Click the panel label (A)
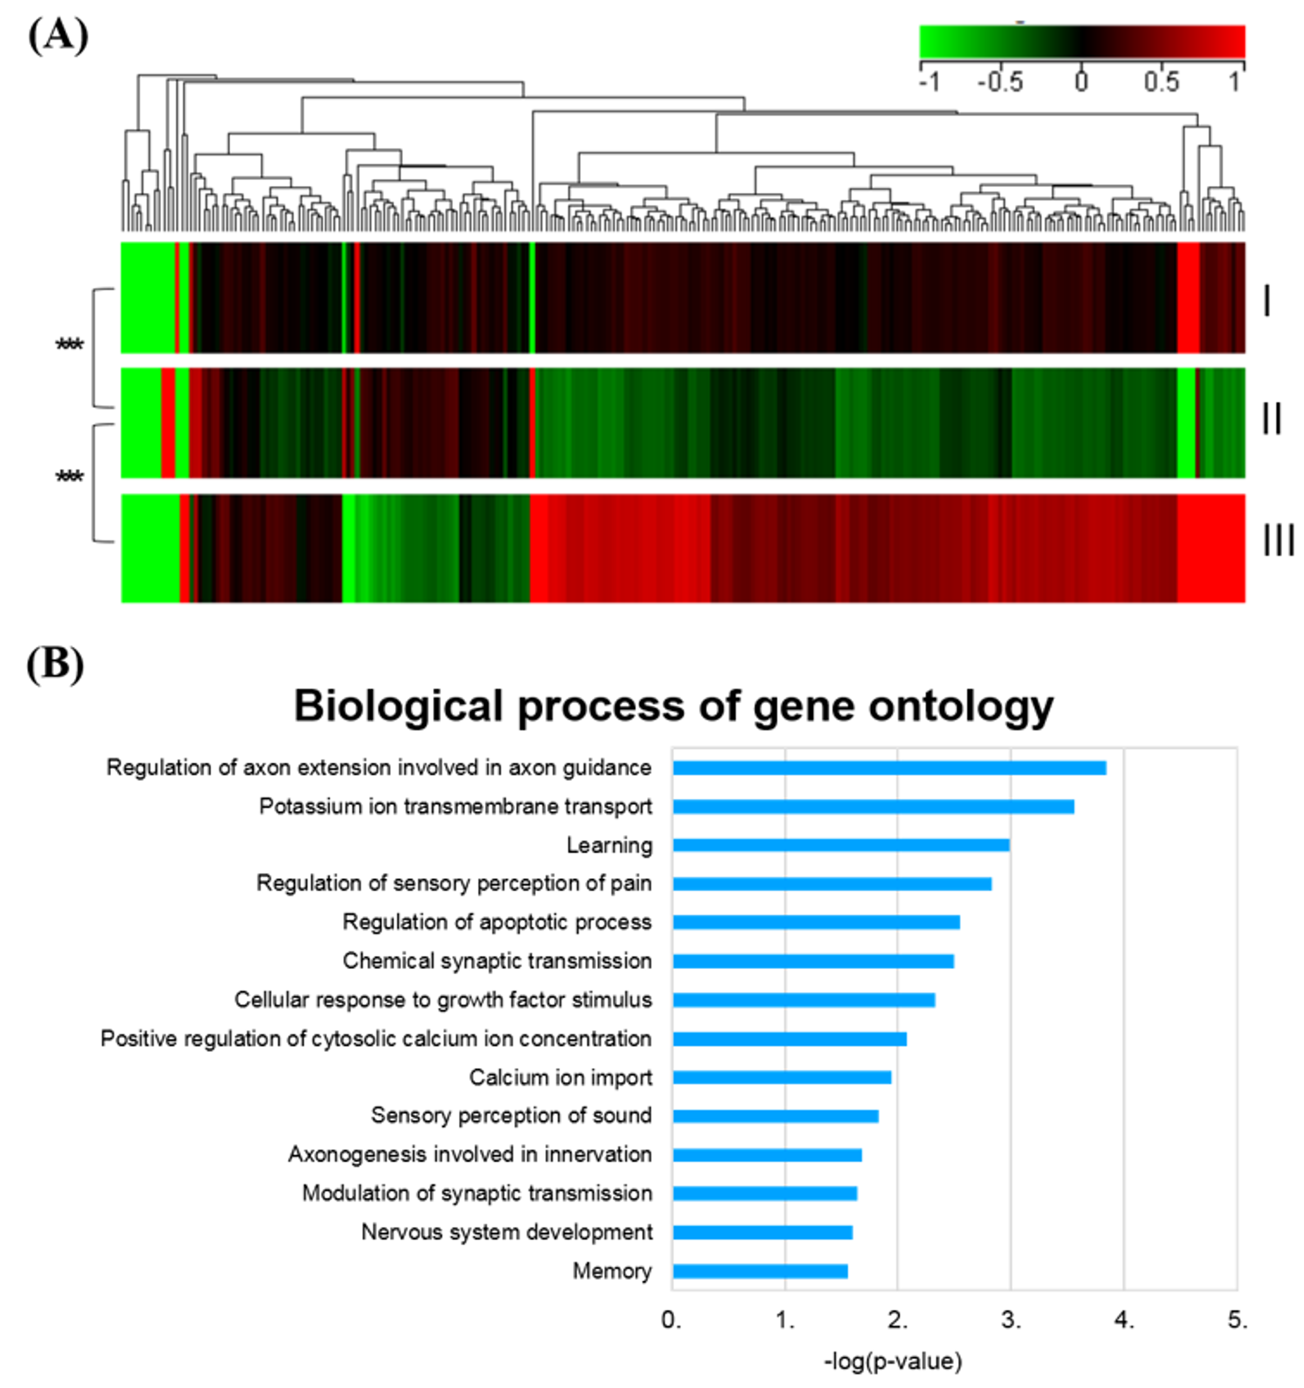point(58,35)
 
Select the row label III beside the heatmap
point(1277,541)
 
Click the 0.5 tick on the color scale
point(1161,83)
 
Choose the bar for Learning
point(841,845)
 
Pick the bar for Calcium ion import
point(781,1077)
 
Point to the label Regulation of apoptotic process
point(496,923)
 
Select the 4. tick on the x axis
point(1124,1320)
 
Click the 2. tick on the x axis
point(897,1320)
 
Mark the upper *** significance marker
point(69,344)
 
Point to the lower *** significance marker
point(69,477)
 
